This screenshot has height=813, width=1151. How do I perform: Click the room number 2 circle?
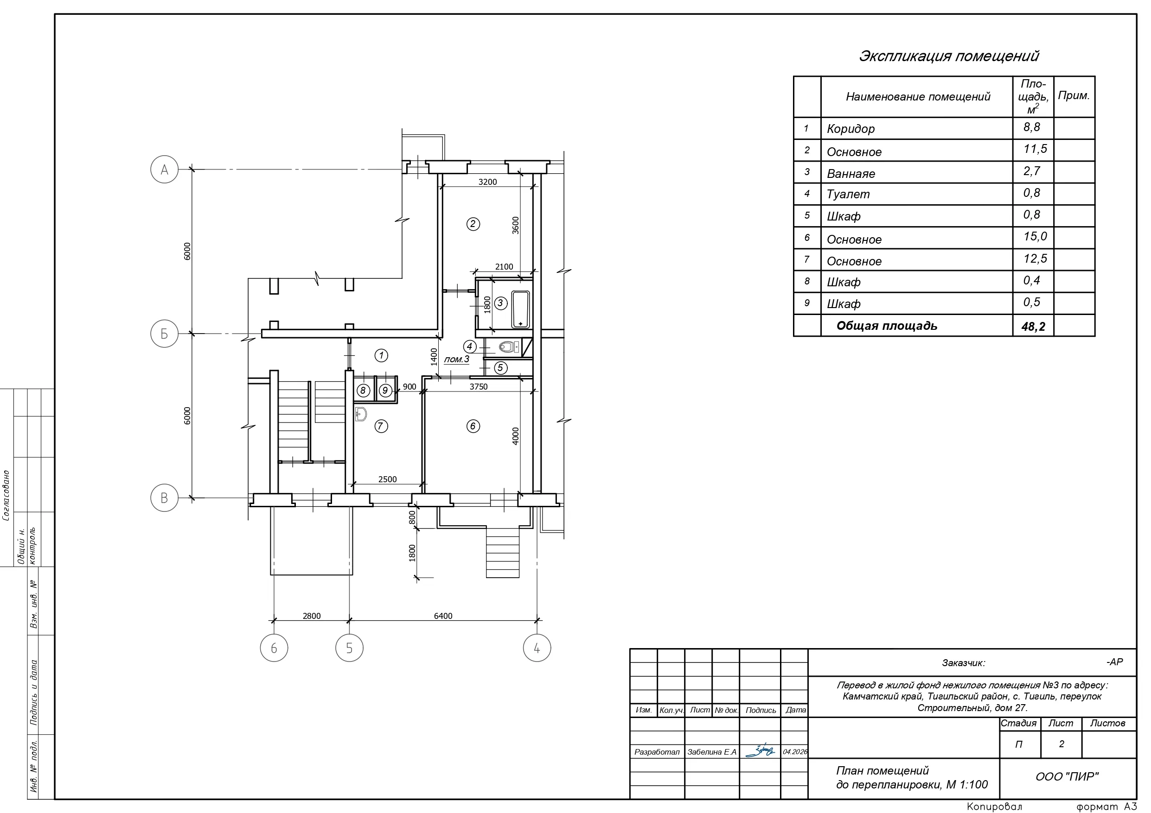pyautogui.click(x=473, y=224)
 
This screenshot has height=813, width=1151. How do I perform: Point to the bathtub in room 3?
pyautogui.click(x=520, y=309)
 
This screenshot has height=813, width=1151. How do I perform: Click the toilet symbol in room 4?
pyautogui.click(x=509, y=346)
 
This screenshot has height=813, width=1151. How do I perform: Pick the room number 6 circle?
pyautogui.click(x=473, y=426)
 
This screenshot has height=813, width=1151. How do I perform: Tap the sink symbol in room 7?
pyautogui.click(x=360, y=414)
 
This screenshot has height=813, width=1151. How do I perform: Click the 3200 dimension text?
pyautogui.click(x=487, y=182)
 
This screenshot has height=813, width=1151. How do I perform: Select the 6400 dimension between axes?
pyautogui.click(x=443, y=616)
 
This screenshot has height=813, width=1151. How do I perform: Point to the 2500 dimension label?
pyautogui.click(x=388, y=479)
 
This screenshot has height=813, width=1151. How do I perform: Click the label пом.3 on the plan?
pyautogui.click(x=457, y=359)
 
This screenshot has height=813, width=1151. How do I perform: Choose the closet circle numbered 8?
pyautogui.click(x=363, y=390)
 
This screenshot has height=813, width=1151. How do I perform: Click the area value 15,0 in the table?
pyautogui.click(x=1035, y=236)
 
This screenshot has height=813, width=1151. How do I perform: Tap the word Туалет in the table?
pyautogui.click(x=848, y=195)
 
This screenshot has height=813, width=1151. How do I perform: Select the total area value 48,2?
pyautogui.click(x=1033, y=327)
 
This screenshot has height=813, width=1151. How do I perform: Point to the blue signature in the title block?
pyautogui.click(x=760, y=750)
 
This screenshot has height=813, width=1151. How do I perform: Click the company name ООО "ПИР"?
pyautogui.click(x=1067, y=776)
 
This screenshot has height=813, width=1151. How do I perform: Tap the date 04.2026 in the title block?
pyautogui.click(x=795, y=752)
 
